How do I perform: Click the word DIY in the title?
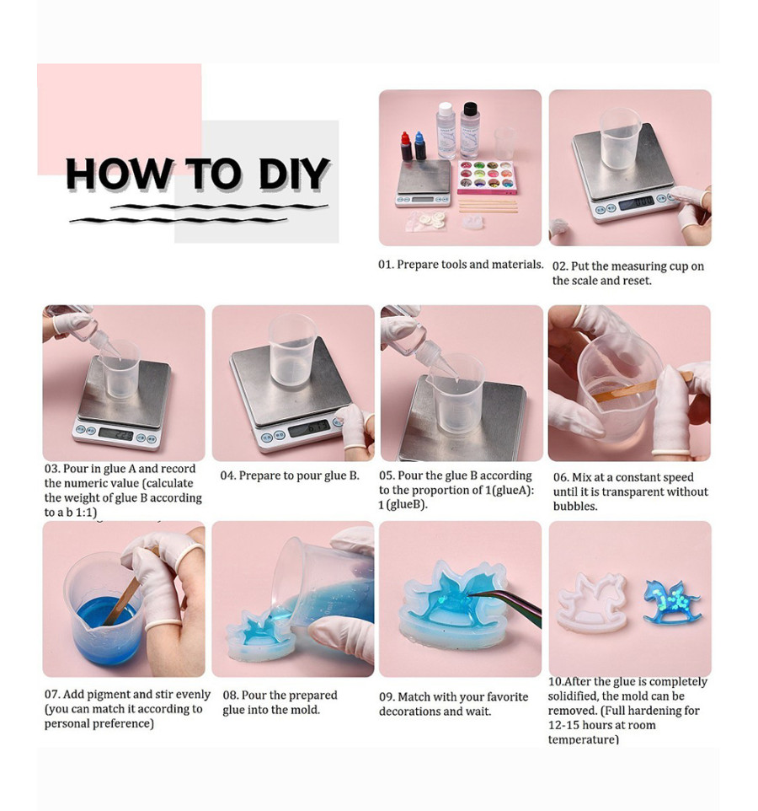pyautogui.click(x=293, y=174)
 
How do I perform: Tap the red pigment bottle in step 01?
pyautogui.click(x=406, y=147)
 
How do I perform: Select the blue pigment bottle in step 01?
pyautogui.click(x=420, y=145)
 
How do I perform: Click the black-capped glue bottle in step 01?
pyautogui.click(x=470, y=131)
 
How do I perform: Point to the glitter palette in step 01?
pyautogui.click(x=486, y=176)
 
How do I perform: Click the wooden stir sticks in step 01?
pyautogui.click(x=488, y=207)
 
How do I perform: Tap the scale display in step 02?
pyautogui.click(x=636, y=203)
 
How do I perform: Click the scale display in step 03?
pyautogui.click(x=115, y=434)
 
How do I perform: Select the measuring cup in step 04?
pyautogui.click(x=292, y=350)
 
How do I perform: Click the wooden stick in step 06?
pyautogui.click(x=641, y=388)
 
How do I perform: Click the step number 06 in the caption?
pyautogui.click(x=561, y=477)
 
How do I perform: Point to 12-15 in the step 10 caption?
pyautogui.click(x=565, y=725)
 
